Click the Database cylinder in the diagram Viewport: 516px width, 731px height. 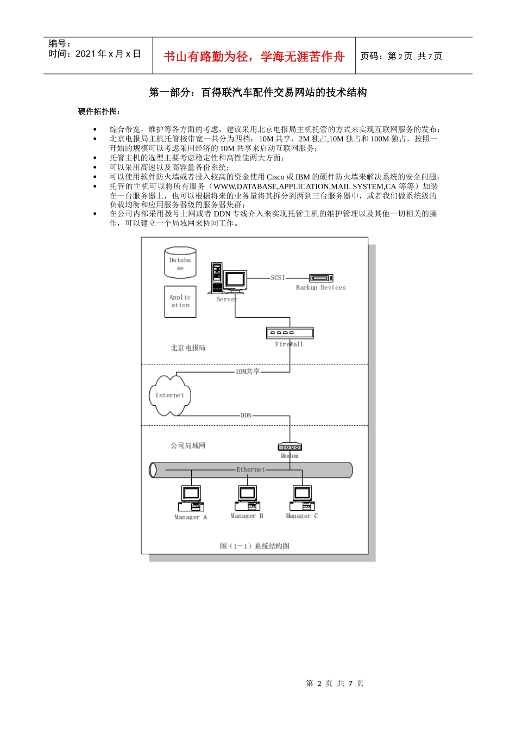coord(180,263)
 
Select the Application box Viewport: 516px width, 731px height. coord(180,301)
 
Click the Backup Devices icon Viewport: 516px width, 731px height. coord(321,278)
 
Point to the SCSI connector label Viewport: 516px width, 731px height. coord(278,277)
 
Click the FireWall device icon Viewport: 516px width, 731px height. coord(290,333)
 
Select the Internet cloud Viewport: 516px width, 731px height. coord(169,395)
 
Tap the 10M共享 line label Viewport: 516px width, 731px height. coord(248,371)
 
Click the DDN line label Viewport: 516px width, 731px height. coord(246,415)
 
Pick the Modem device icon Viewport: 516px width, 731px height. coord(290,447)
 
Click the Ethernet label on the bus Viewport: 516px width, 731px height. coord(250,469)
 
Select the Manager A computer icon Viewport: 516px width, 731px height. coord(191,498)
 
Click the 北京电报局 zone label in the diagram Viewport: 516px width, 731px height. coord(188,348)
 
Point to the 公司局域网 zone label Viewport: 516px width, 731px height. coord(188,445)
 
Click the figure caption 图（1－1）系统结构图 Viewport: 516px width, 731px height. coord(255,546)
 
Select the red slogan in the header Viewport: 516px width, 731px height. coord(254,56)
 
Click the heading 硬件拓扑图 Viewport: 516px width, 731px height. coord(99,111)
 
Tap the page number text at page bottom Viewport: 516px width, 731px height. coord(335,683)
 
